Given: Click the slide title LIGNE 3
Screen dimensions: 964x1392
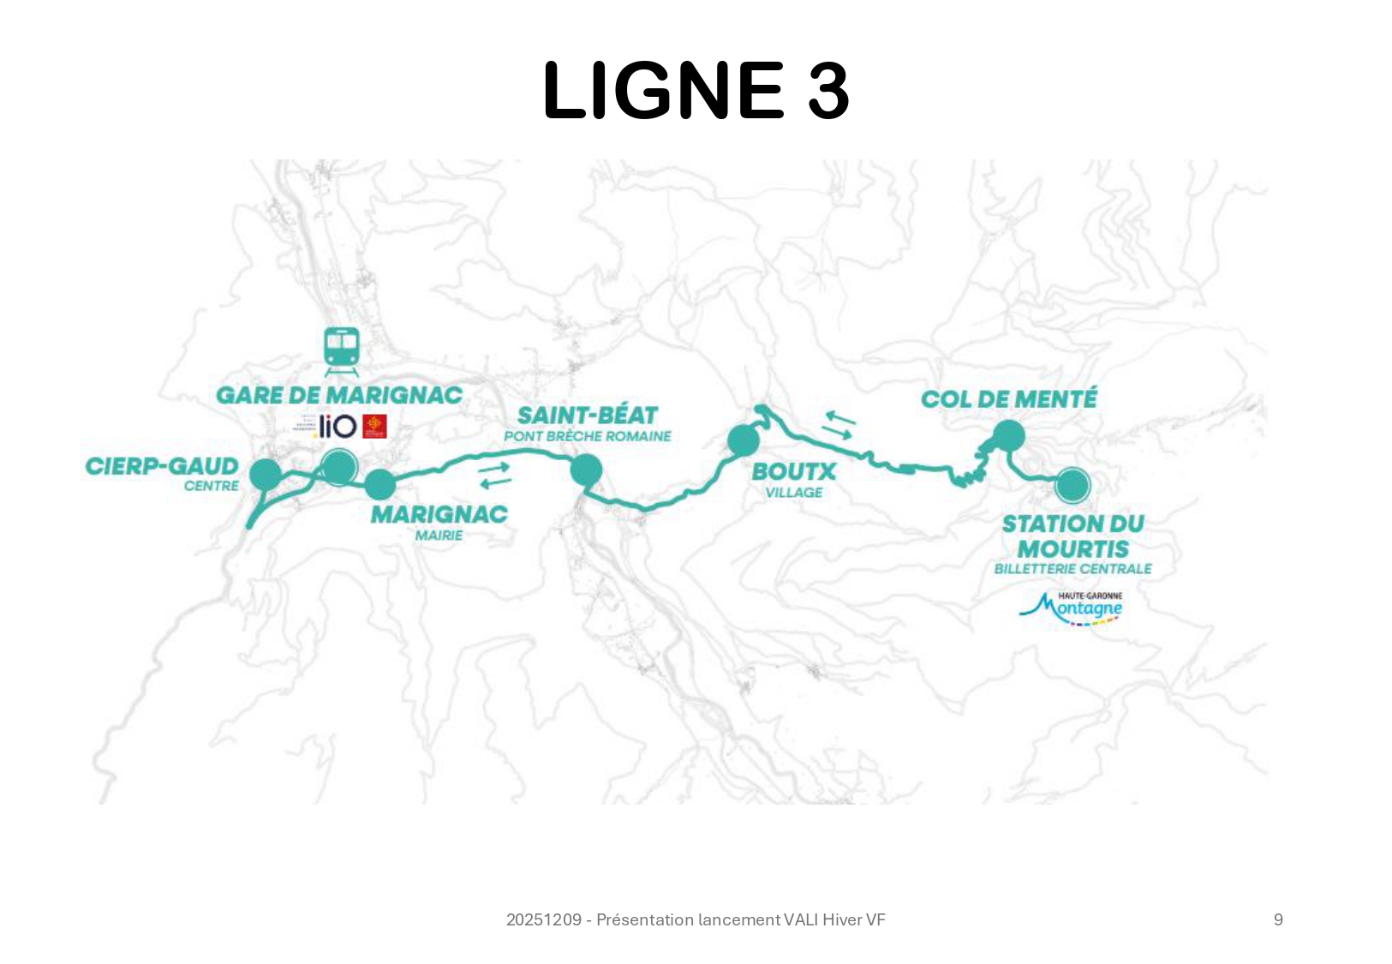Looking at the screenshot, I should coord(696,91).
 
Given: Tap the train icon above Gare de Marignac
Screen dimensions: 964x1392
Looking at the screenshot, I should coord(341,351).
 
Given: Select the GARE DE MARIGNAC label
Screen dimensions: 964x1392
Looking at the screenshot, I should coord(339,395).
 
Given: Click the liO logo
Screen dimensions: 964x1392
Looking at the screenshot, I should coord(336,426).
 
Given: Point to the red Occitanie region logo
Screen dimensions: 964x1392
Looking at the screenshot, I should coord(374,426).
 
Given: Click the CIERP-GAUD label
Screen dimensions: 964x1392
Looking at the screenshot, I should coord(162,466).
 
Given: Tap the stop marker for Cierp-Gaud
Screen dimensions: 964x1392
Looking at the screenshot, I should coord(266,474).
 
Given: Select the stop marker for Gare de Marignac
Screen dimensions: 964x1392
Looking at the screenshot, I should coord(339,467).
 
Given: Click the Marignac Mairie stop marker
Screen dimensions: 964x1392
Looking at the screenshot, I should coord(380,484).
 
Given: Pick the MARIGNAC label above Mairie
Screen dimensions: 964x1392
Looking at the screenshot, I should coord(439,514).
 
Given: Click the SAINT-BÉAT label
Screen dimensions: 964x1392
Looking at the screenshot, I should coord(588,416).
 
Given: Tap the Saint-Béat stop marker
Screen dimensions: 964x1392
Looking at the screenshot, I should coord(586,470).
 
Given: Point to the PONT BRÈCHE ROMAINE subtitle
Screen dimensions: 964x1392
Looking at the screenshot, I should coord(588,436).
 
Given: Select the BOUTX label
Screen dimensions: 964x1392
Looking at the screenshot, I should coord(793,471).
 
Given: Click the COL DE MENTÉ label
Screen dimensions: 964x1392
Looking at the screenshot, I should coord(1008,398).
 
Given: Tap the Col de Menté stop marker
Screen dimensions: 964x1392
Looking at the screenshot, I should coord(1009,436).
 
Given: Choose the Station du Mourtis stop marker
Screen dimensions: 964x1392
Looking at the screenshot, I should coord(1072,485).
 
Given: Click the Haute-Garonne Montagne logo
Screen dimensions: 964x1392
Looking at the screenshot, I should coord(1072,608).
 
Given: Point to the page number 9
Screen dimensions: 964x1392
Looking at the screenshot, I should coord(1278,919).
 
